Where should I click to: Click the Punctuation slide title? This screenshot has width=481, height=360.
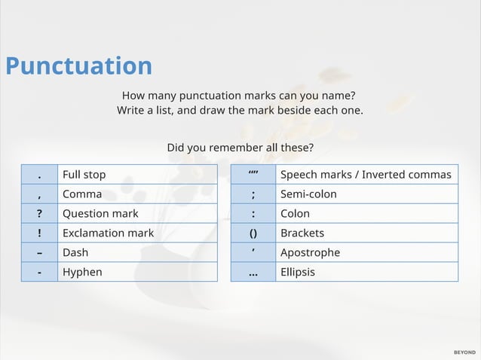click(78, 66)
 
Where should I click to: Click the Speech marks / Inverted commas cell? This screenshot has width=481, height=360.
click(366, 175)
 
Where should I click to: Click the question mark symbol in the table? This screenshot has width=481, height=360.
click(39, 214)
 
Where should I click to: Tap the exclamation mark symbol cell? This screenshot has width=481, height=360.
click(39, 233)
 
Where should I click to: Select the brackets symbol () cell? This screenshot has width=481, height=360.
click(253, 233)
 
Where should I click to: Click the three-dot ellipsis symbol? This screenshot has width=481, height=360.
click(253, 273)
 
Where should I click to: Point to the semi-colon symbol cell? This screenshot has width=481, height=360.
click(253, 194)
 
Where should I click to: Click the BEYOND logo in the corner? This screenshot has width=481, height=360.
click(464, 352)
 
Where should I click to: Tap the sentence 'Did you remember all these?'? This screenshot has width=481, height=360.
click(240, 147)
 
